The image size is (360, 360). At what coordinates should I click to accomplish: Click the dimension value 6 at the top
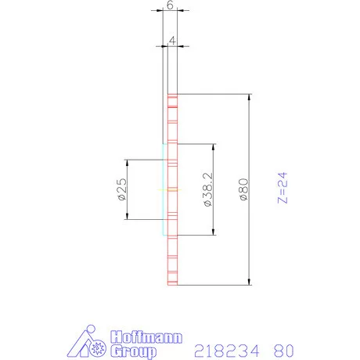point(171,5)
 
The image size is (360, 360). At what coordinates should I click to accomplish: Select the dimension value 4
point(171,38)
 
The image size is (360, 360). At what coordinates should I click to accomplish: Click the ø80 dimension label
point(243,190)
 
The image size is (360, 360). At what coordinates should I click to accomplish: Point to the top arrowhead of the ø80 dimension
point(250,98)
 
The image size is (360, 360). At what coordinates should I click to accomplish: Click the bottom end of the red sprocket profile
point(174,284)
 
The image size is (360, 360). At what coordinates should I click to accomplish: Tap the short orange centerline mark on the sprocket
point(167,189)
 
